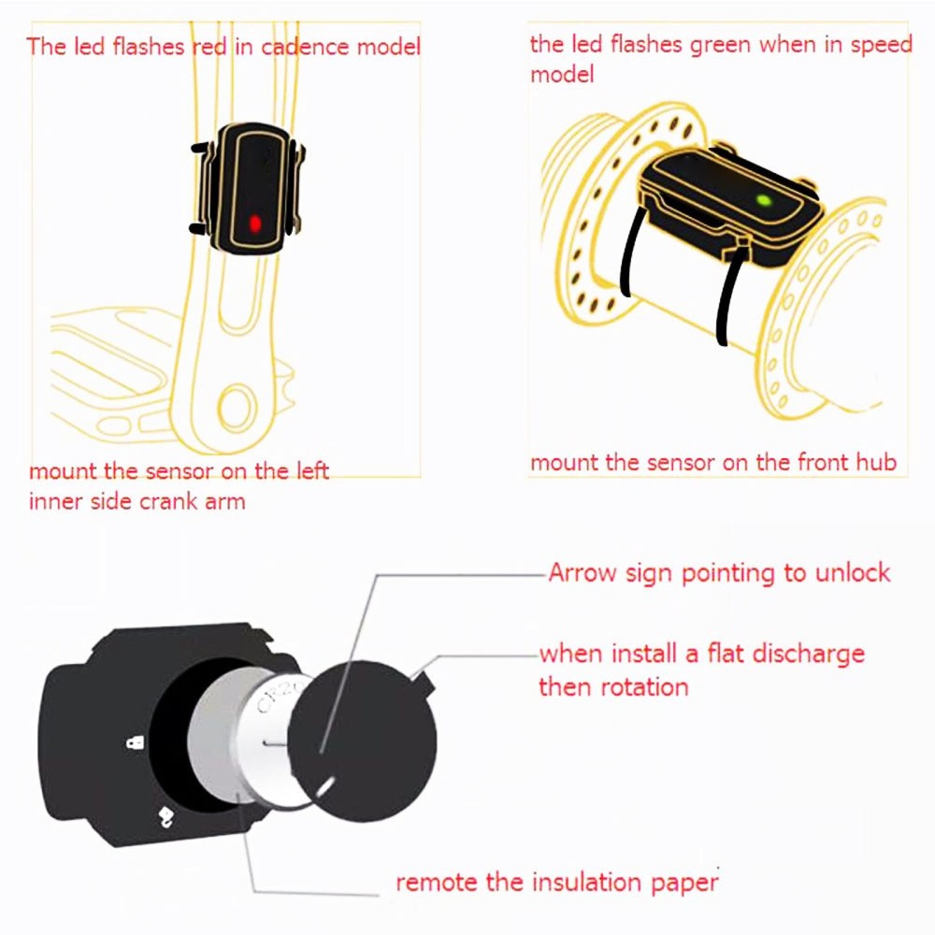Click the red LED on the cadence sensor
(254, 224)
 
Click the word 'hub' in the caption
(874, 462)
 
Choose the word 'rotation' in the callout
(643, 687)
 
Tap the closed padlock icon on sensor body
(134, 742)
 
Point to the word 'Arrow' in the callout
(580, 572)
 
